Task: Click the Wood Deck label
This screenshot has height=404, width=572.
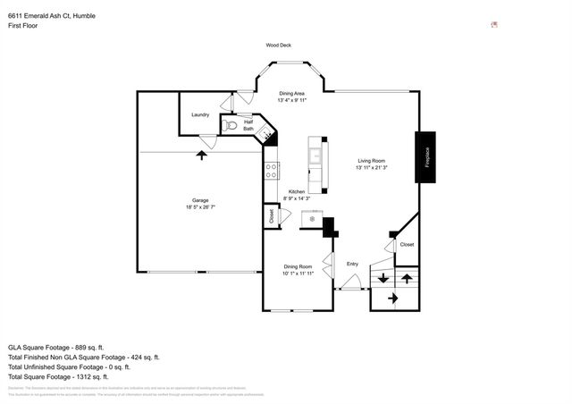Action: click(278, 45)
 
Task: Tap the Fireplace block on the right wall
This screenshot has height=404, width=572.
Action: click(426, 157)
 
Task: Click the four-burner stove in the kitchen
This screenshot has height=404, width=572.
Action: click(271, 170)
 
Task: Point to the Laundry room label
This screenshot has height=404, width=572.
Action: click(200, 114)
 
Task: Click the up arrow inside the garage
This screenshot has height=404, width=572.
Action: click(201, 156)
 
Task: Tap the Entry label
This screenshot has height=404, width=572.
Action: click(352, 264)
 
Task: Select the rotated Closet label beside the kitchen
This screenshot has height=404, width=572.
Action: click(271, 215)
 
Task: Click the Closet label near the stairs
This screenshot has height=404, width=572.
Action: click(407, 244)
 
